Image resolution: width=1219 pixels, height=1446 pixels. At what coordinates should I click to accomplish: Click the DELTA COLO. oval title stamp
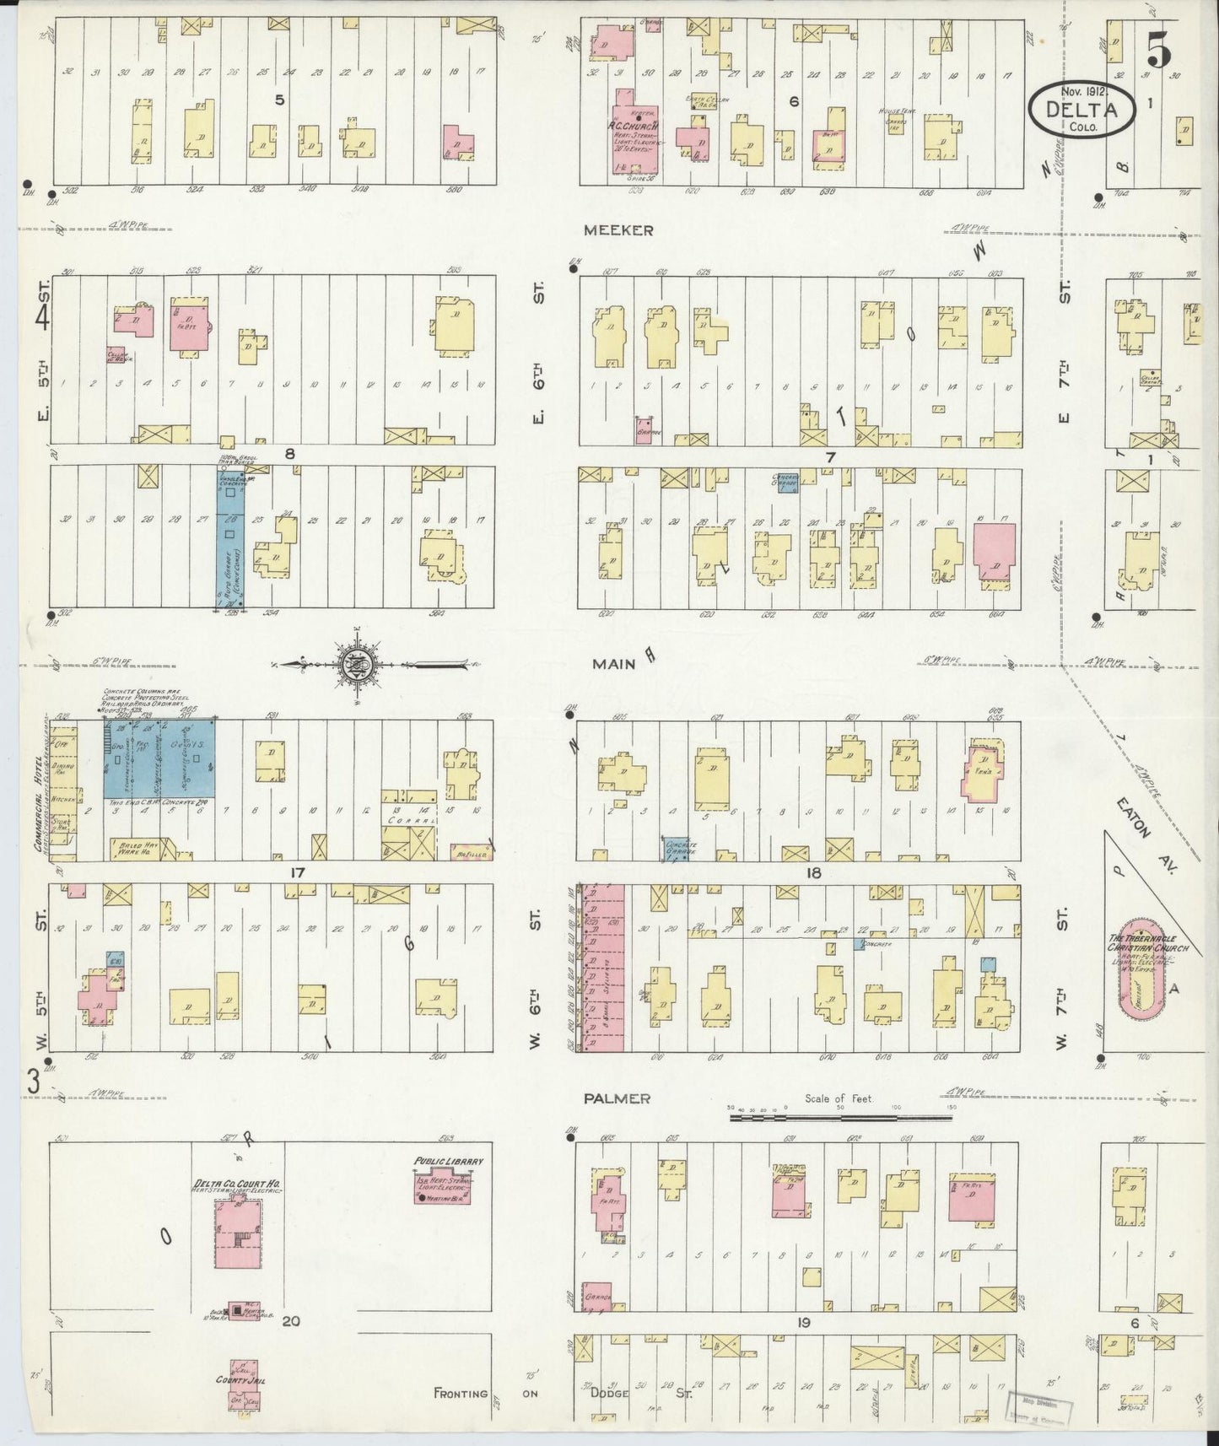coord(1082,107)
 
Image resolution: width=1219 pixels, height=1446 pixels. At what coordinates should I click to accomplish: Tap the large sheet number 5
coord(1158,53)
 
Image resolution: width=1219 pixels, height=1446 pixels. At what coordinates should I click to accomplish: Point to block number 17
coord(295,872)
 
